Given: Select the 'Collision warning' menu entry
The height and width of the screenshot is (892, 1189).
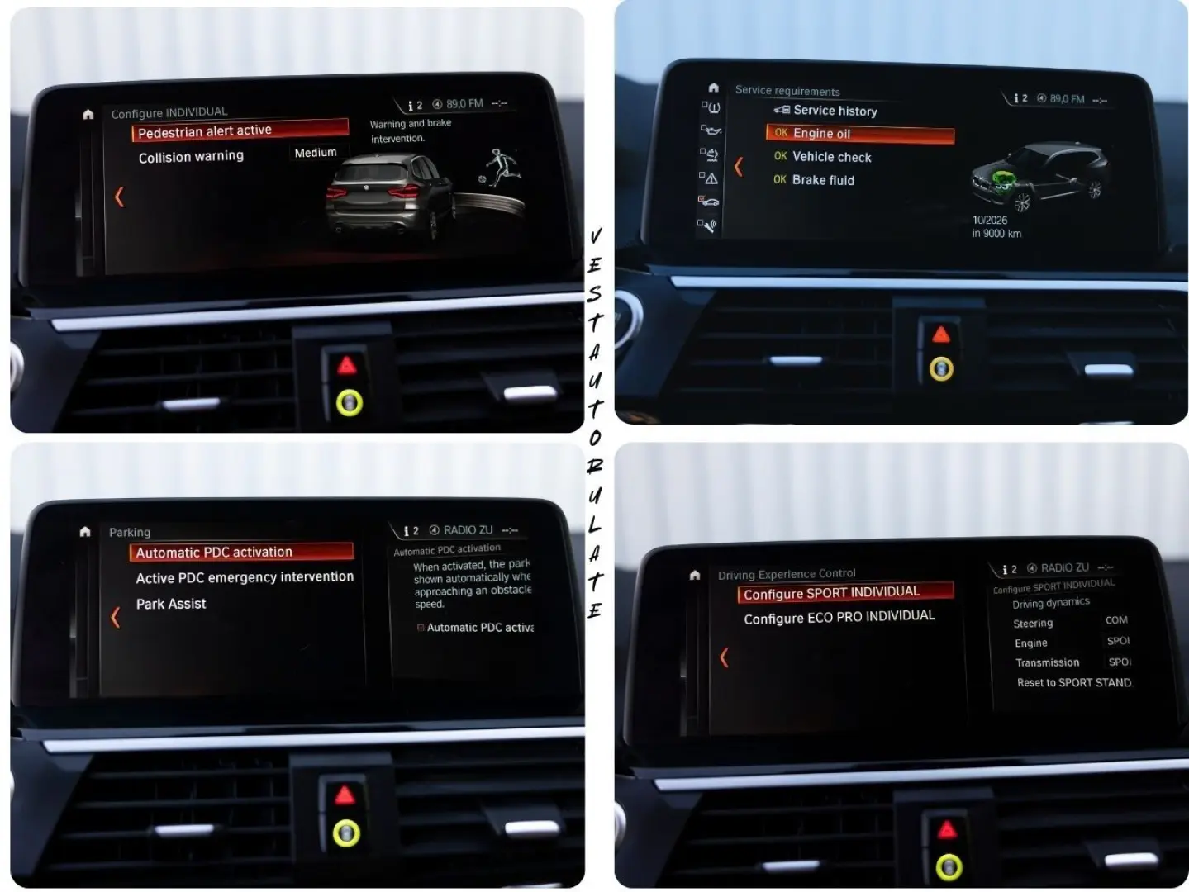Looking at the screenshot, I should [191, 157].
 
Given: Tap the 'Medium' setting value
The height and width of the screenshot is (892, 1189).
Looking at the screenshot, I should [316, 153].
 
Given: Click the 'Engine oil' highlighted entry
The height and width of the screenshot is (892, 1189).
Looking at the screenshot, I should [821, 134].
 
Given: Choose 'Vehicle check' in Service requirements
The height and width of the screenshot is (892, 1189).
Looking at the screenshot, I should [831, 157].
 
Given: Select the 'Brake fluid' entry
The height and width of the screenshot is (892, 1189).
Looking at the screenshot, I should [823, 180].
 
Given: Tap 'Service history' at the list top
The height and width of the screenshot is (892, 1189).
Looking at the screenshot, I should [835, 111].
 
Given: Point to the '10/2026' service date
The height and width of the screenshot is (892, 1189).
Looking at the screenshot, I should [990, 220].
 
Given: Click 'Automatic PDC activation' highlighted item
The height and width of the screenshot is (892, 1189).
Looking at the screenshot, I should [214, 553].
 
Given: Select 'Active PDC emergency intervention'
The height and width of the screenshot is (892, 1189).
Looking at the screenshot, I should [245, 577].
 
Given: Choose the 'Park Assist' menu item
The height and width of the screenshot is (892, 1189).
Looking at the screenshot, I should [171, 604].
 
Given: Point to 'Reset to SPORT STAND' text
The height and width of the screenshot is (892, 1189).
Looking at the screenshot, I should [1073, 683].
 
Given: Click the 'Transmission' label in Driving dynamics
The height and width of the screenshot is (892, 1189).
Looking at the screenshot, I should [1047, 662].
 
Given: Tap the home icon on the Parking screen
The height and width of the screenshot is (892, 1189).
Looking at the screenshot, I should [85, 532].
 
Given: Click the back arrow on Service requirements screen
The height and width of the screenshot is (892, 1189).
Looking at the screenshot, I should [739, 167].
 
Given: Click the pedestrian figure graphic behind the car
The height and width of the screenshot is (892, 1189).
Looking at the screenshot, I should [500, 168].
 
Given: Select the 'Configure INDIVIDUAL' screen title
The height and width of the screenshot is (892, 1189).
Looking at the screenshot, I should [169, 112].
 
